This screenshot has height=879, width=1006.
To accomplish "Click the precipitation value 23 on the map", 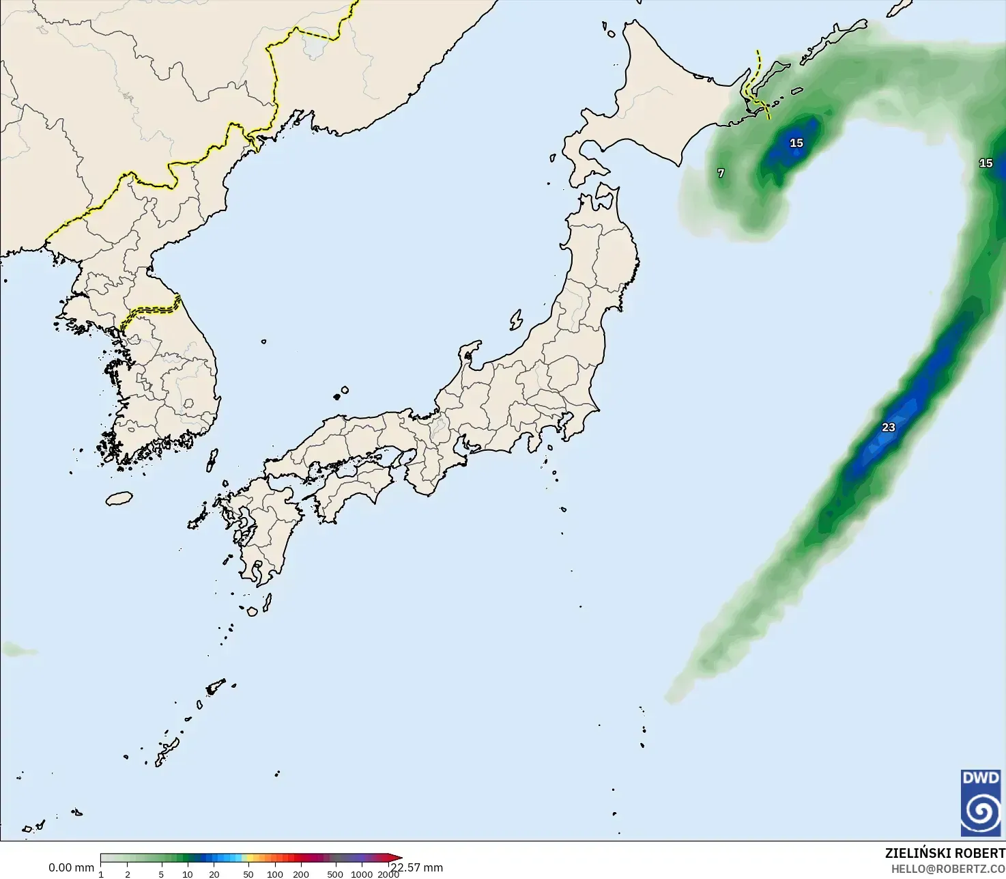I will [x=888, y=428].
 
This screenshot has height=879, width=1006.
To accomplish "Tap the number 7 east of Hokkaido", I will [x=721, y=173].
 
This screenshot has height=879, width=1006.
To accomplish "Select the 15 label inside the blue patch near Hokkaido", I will [x=796, y=143].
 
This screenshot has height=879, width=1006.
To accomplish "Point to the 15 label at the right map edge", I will [x=986, y=163].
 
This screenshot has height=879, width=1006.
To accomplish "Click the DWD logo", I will [x=981, y=803].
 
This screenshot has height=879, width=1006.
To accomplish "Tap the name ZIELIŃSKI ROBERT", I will [x=945, y=853].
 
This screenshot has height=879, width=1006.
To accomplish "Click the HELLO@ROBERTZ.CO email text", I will [x=948, y=868].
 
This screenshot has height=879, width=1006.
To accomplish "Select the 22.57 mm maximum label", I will [x=417, y=867].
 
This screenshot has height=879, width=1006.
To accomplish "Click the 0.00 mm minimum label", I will [x=71, y=867].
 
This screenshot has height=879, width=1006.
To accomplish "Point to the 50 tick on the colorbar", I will [x=248, y=874].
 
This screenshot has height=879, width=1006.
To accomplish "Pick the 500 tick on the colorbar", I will [x=335, y=874].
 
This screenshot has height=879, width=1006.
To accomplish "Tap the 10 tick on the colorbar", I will [x=188, y=874].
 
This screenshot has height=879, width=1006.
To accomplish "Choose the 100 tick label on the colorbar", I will [x=275, y=874].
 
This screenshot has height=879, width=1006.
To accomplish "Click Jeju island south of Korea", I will [x=119, y=499].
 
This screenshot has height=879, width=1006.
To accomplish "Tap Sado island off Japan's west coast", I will [x=516, y=320].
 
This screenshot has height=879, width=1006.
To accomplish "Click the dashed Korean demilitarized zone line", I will [x=154, y=309].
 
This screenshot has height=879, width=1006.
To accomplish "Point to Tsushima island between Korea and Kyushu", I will [x=212, y=459].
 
